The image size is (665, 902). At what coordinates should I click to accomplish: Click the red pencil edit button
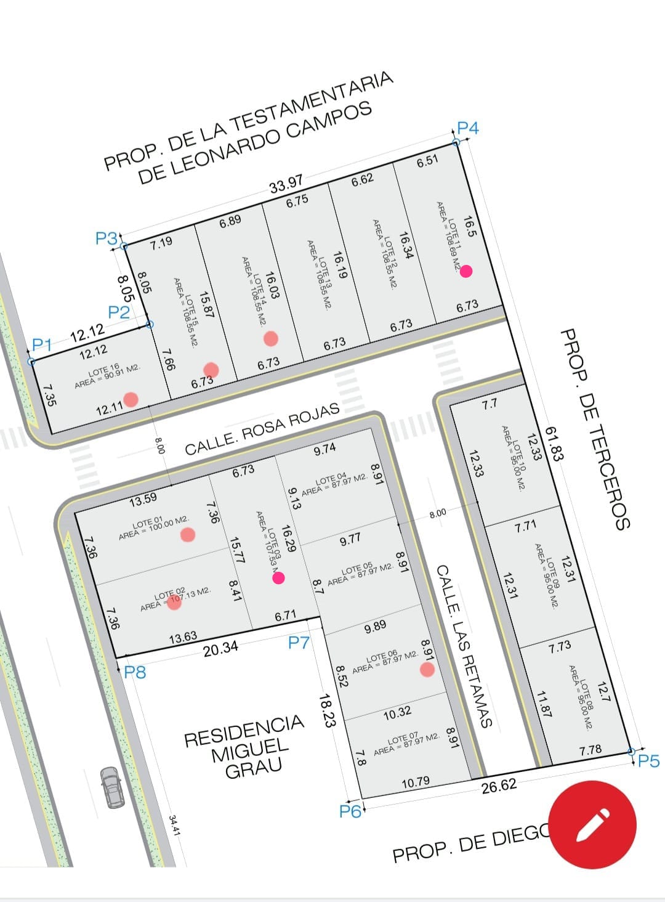592,824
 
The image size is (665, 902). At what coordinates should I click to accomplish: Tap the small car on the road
111,787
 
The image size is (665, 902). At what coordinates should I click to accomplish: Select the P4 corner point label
468,128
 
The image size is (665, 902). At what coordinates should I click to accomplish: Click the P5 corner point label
648,762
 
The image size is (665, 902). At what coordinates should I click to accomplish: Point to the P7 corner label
299,643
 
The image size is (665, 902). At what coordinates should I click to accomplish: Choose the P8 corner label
135,672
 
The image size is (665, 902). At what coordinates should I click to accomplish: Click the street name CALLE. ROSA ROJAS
262,429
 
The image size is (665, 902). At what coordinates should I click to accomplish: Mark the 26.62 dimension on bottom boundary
499,786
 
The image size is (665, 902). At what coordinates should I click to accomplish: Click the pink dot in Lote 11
466,270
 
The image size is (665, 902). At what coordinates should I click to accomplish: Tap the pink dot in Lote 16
131,399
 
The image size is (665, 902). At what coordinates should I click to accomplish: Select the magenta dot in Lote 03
278,577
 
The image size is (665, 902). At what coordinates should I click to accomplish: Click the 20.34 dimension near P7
220,648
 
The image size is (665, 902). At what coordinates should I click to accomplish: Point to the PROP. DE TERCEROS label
595,429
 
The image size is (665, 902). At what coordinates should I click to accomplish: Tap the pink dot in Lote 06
427,670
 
